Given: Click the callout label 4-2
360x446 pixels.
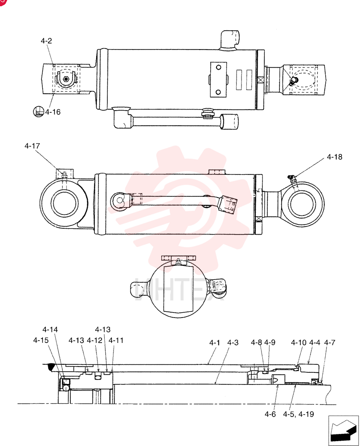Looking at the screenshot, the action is [x=46, y=41].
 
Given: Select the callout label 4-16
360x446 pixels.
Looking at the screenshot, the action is [x=53, y=112].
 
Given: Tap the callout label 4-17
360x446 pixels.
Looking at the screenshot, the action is [x=32, y=146].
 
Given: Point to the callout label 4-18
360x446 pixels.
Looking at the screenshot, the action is [x=335, y=157].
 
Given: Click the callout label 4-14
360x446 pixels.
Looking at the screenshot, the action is [x=50, y=330].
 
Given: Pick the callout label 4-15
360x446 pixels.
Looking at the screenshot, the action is [x=41, y=340].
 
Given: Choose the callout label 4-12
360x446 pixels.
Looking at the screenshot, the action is [x=94, y=340].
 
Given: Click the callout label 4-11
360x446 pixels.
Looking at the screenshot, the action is [x=116, y=340].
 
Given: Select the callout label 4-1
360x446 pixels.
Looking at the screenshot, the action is [x=214, y=343].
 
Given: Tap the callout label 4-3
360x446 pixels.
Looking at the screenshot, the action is [x=233, y=343].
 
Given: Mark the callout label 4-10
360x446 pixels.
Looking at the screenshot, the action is [x=299, y=343].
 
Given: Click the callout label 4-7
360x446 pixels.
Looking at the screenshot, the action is [x=330, y=343].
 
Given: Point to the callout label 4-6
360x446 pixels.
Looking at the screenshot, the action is [x=270, y=414].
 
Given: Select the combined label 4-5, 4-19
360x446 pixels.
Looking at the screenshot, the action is [x=299, y=414].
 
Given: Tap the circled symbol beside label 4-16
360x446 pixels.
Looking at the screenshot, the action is [x=38, y=111].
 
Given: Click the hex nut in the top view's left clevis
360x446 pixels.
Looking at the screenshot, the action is [x=66, y=79].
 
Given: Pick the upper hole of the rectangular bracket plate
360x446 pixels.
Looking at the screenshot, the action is [x=218, y=67].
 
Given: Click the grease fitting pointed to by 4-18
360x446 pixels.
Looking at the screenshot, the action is [x=291, y=178].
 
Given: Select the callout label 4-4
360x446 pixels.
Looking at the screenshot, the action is [x=315, y=343].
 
